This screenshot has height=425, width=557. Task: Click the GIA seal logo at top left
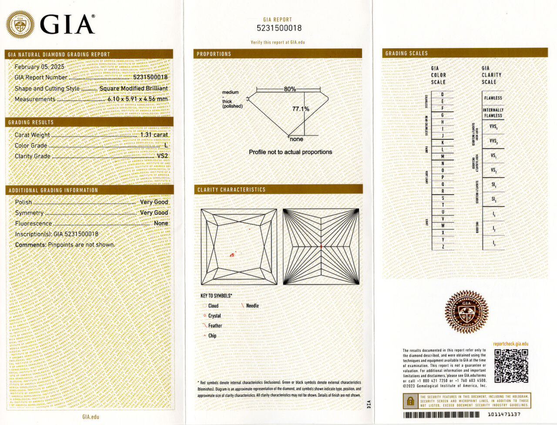point(20,25)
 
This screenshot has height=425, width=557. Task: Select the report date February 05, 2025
point(39,67)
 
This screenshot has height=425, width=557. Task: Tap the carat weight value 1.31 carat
point(154,135)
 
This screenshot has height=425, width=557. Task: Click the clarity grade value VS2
point(162,156)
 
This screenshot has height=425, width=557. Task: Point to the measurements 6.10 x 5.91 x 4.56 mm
point(138,99)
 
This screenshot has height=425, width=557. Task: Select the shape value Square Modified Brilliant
point(133,88)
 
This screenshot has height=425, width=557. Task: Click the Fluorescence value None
point(161,223)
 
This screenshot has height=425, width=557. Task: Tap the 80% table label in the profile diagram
point(290,89)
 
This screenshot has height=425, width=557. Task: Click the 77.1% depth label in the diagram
point(301,109)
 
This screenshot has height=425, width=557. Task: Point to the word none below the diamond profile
point(296,139)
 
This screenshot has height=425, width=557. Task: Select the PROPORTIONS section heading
point(214,54)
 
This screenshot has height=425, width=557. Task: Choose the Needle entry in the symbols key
point(252,306)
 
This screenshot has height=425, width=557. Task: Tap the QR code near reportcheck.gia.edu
point(511,366)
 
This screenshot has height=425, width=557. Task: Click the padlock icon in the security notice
point(410,401)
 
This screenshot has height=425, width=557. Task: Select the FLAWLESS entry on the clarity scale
point(493,98)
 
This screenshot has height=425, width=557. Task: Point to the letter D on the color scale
point(443,94)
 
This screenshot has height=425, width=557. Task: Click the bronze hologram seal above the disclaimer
point(466,312)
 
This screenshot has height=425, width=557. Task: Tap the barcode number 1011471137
point(504,415)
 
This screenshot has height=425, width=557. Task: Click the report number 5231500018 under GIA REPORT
point(279,28)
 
